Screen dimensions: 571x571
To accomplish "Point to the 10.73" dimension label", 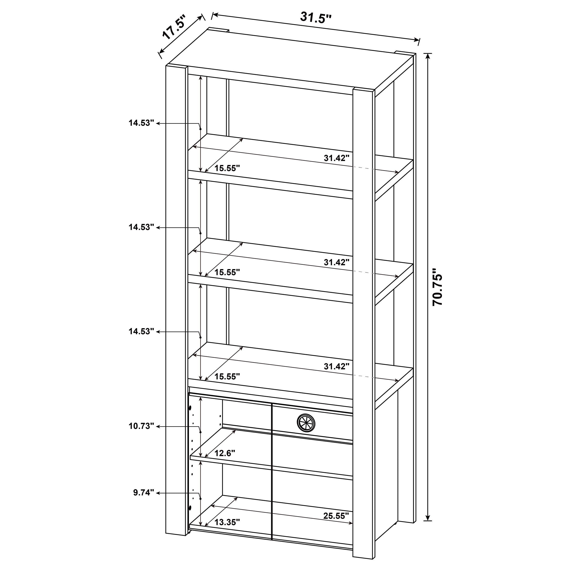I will [141, 426].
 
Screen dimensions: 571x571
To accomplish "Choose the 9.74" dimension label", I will [144, 493].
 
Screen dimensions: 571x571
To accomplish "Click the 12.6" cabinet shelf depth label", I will [225, 453].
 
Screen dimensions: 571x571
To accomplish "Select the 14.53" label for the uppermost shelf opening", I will [141, 123].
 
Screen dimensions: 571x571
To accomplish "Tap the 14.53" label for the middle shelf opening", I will [141, 227].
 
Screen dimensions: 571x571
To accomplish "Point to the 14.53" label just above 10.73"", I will [141, 331].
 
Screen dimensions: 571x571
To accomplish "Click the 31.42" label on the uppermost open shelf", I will [337, 158].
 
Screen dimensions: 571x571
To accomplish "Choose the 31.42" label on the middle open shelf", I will [337, 262].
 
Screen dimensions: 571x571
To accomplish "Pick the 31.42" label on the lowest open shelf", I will [337, 367].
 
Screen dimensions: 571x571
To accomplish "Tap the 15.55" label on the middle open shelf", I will [227, 272].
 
